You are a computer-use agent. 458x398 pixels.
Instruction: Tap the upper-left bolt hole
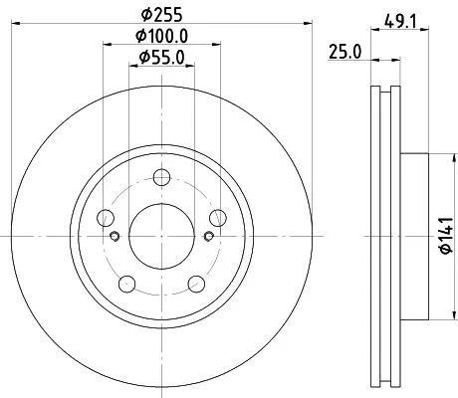(x=106, y=219)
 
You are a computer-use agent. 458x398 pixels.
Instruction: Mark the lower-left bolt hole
(x=126, y=285)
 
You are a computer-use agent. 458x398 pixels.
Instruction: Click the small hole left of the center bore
(x=114, y=236)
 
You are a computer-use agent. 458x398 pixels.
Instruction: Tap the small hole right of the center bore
(x=207, y=236)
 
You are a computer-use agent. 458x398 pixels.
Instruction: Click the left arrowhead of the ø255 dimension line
(x=26, y=27)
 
